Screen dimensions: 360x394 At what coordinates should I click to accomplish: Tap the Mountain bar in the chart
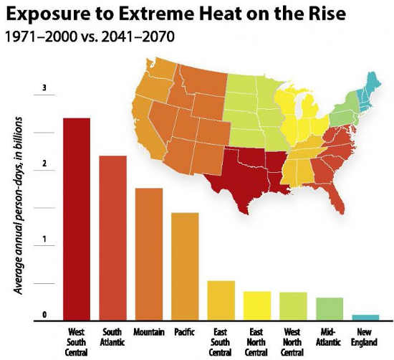coord(148,254)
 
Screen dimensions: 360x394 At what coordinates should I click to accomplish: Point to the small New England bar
coord(365,317)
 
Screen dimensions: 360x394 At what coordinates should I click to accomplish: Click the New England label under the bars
coord(365,336)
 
